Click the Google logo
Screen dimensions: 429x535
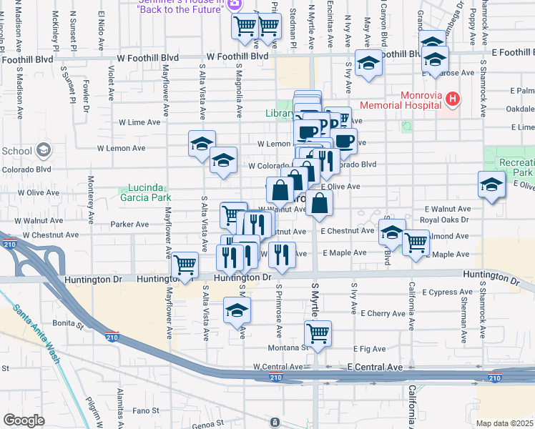click(x=24, y=420)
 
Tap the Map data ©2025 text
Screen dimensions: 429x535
click(x=504, y=423)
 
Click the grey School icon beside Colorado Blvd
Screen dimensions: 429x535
click(x=44, y=150)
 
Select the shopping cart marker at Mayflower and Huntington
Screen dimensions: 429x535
click(x=185, y=265)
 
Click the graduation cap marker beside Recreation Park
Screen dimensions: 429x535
click(x=491, y=185)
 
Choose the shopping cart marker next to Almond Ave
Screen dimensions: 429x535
click(x=416, y=242)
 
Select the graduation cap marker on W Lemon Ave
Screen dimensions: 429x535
click(x=202, y=143)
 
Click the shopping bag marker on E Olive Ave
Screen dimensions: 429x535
click(x=319, y=204)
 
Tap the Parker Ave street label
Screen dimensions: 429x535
click(x=129, y=224)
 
